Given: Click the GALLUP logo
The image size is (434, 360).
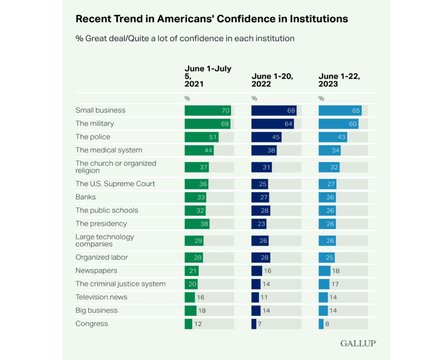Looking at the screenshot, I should [358, 343].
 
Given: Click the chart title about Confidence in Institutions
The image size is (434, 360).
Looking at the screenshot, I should [211, 19].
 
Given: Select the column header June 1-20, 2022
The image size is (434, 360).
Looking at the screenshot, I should [273, 80].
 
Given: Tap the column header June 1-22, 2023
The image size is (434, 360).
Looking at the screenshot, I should [339, 80].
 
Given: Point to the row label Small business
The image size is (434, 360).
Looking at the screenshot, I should [100, 110].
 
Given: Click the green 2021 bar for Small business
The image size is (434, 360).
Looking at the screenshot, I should [208, 111].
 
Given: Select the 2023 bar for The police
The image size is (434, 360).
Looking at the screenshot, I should [333, 137].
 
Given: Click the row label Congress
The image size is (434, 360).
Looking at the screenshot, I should [92, 324].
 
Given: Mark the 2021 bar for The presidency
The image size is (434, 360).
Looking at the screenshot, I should [197, 224].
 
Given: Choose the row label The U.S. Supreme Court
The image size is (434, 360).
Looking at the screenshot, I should [115, 184].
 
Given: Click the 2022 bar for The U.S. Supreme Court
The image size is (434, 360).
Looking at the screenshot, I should [259, 184].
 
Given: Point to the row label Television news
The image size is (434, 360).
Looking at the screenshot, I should [101, 297].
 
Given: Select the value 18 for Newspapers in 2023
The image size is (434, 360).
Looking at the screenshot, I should [336, 271].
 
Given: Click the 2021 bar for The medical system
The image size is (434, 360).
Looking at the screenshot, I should [199, 150].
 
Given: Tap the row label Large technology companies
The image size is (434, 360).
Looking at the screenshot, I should [105, 240].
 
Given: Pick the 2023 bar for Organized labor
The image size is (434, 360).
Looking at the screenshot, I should [326, 258].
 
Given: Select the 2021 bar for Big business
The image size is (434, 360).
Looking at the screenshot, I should [190, 310].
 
